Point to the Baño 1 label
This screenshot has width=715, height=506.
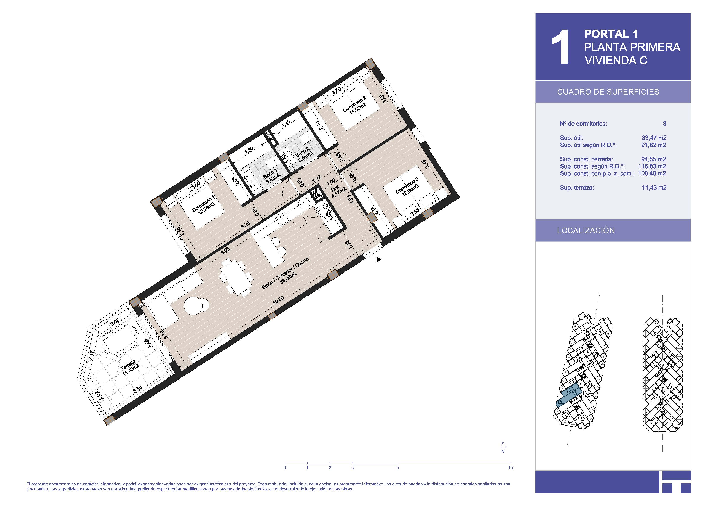coord(271,177)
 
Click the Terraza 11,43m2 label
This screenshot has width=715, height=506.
coord(129,368)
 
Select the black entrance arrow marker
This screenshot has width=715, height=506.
coord(379,259)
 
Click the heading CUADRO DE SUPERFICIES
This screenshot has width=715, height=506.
coord(608,92)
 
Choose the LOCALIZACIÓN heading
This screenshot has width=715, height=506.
coord(586,231)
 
